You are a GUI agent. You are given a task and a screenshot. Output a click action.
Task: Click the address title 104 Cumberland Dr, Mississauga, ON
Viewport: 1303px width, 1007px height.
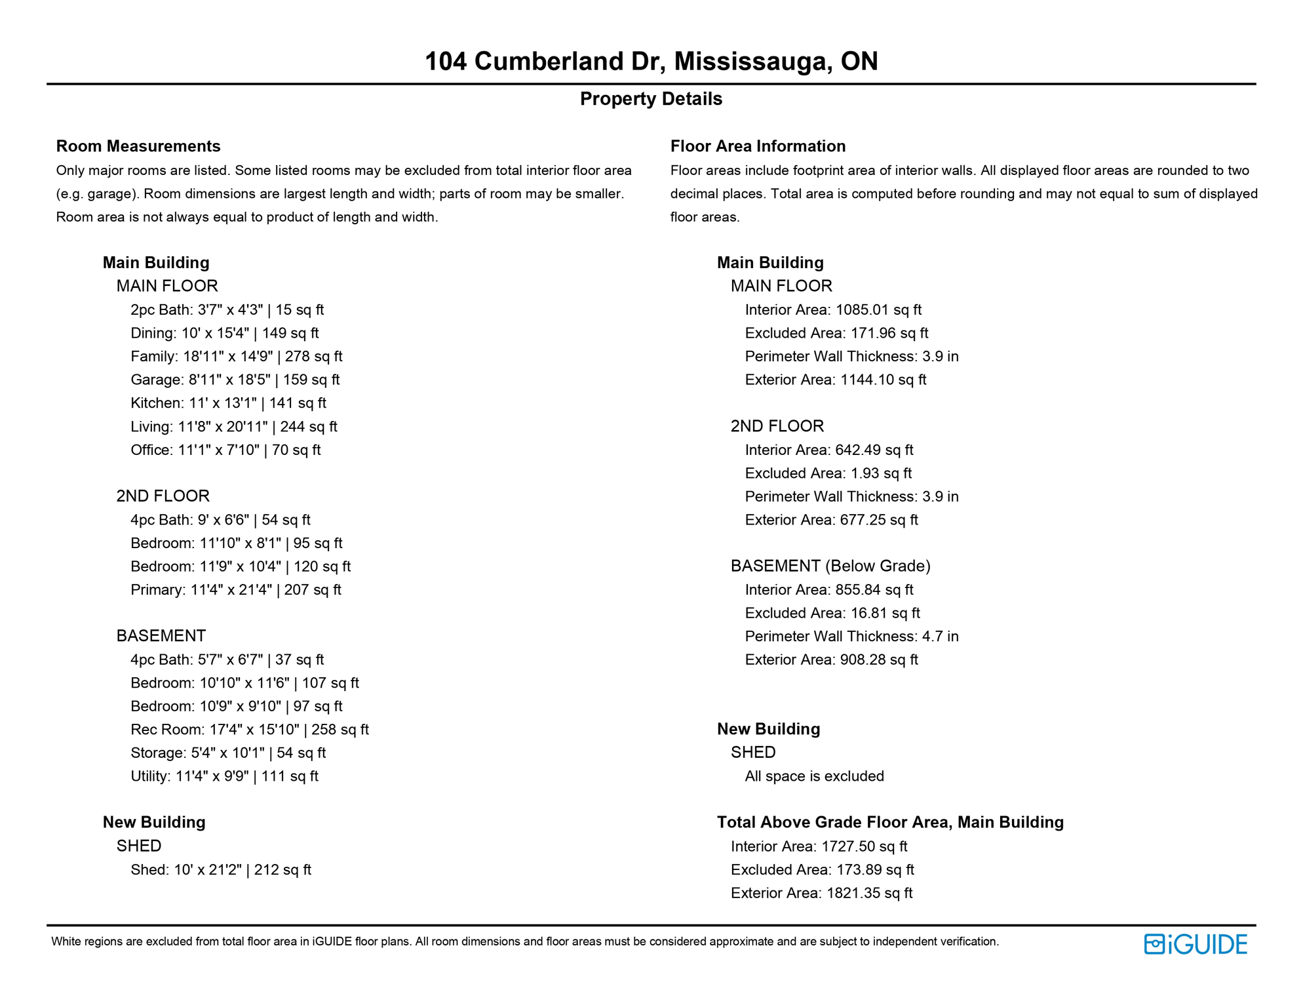coord(651,61)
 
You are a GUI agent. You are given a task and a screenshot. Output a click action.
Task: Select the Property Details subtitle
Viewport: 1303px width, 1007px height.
coord(651,99)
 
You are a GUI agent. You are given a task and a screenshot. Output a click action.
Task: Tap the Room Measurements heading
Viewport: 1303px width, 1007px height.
coord(138,146)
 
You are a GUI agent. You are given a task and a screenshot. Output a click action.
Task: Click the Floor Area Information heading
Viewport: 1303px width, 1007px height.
coord(758,146)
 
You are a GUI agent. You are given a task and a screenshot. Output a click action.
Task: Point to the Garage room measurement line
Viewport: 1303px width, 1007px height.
coord(235,380)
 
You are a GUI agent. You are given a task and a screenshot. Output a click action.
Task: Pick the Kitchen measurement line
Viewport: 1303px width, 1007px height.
coord(228,403)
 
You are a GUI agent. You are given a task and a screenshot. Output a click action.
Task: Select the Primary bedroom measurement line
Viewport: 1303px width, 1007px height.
coord(235,590)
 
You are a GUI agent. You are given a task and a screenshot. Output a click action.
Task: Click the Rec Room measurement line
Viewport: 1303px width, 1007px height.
coord(249,730)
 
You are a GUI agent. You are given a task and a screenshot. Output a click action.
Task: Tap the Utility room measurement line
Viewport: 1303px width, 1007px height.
coord(224,776)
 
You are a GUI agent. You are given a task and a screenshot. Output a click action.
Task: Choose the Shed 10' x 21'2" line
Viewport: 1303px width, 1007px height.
coord(220,870)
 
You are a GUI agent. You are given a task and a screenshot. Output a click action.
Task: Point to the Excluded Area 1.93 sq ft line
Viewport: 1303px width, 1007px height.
coord(828,473)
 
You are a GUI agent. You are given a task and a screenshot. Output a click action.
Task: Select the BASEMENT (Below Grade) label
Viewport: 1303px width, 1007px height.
coord(830,566)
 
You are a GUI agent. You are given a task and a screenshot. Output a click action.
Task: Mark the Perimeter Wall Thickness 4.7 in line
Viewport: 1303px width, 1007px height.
coord(851,637)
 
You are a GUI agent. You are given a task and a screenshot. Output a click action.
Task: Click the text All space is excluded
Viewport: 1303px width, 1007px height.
coord(814,776)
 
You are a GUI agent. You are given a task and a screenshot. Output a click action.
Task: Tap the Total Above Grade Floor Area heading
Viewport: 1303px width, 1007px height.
coord(890,823)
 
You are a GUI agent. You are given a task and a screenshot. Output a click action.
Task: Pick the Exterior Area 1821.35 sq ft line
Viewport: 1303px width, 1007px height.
coord(821,893)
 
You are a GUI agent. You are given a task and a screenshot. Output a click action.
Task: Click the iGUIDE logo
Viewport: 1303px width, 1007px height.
coord(1196,944)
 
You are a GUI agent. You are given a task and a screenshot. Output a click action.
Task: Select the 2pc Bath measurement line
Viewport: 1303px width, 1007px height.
coord(227,310)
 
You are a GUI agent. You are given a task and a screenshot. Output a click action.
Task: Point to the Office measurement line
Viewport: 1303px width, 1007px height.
coord(225,450)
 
